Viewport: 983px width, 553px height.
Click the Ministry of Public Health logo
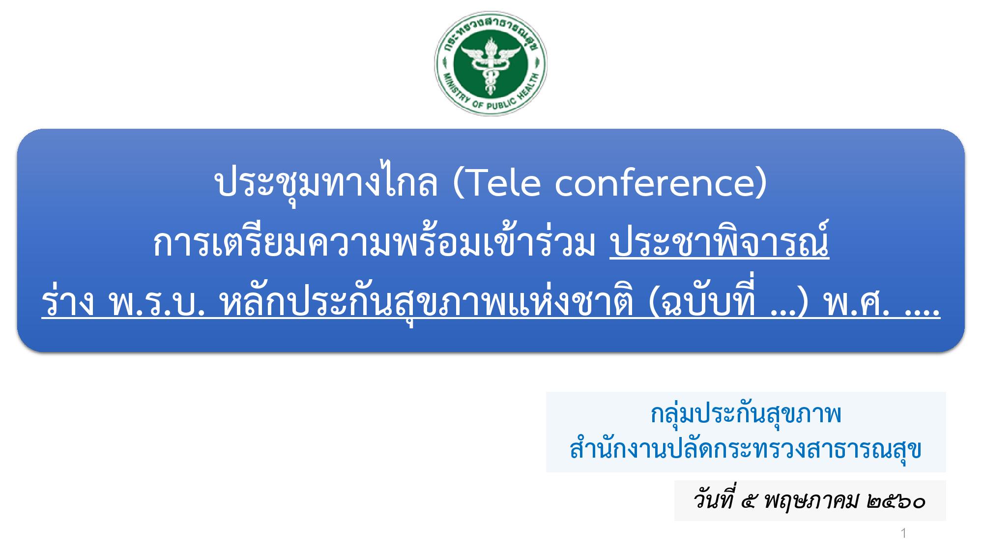(x=491, y=63)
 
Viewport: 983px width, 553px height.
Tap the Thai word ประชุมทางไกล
(x=326, y=184)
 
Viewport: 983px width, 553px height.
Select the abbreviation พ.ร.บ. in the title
(x=157, y=305)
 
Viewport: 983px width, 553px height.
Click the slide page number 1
(x=903, y=533)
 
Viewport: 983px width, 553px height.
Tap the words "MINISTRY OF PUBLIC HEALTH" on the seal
(x=491, y=98)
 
